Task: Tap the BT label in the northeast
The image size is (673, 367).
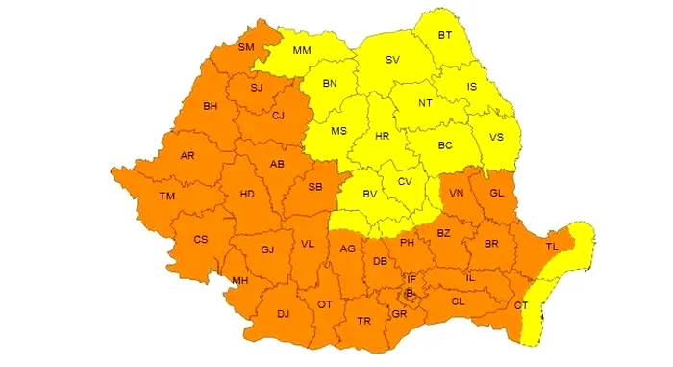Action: [x=445, y=35]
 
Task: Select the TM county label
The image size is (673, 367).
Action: [x=167, y=197]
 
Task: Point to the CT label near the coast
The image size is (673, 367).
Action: [x=521, y=305]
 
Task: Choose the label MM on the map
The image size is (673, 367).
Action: [x=302, y=50]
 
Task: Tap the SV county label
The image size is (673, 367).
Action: [x=392, y=60]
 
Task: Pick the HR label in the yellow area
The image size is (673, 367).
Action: [x=383, y=137]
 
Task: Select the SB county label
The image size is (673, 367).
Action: [x=314, y=187]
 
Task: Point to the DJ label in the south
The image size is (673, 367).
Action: [x=283, y=314]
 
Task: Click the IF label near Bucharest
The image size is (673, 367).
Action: [x=412, y=277]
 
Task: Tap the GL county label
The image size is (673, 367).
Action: [x=496, y=193]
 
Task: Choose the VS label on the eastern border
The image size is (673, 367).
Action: [x=496, y=137]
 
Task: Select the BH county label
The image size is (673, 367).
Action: [x=212, y=106]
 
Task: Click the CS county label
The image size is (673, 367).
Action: [x=200, y=239]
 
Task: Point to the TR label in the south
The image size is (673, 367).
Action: [x=363, y=321]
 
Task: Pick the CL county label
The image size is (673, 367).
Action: [x=458, y=301]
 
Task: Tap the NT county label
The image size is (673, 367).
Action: [x=425, y=102]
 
